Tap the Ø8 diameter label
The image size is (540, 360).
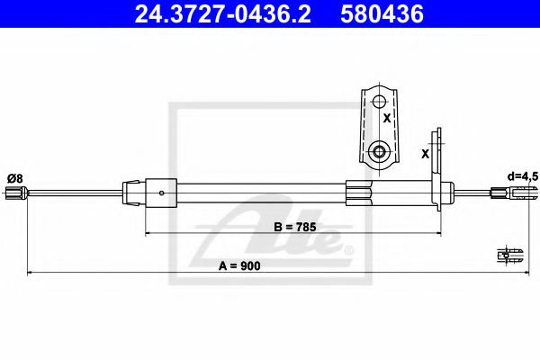pos(14,177)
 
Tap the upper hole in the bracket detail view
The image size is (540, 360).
pos(378,101)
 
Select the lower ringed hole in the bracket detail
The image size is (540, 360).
pos(378,150)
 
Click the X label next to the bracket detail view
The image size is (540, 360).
pos(387,118)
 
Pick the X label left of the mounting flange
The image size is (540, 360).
pos(425,153)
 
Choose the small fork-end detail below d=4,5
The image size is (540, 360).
pos(509,255)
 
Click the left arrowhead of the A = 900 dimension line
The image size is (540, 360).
pos(29,272)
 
